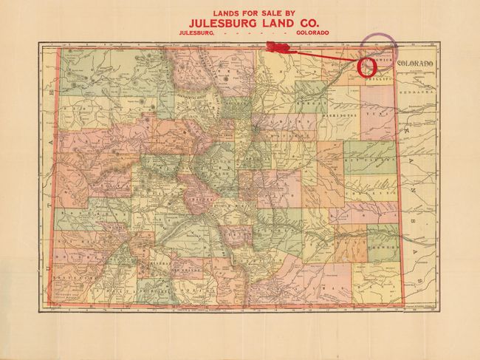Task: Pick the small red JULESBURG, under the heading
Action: (x=195, y=33)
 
